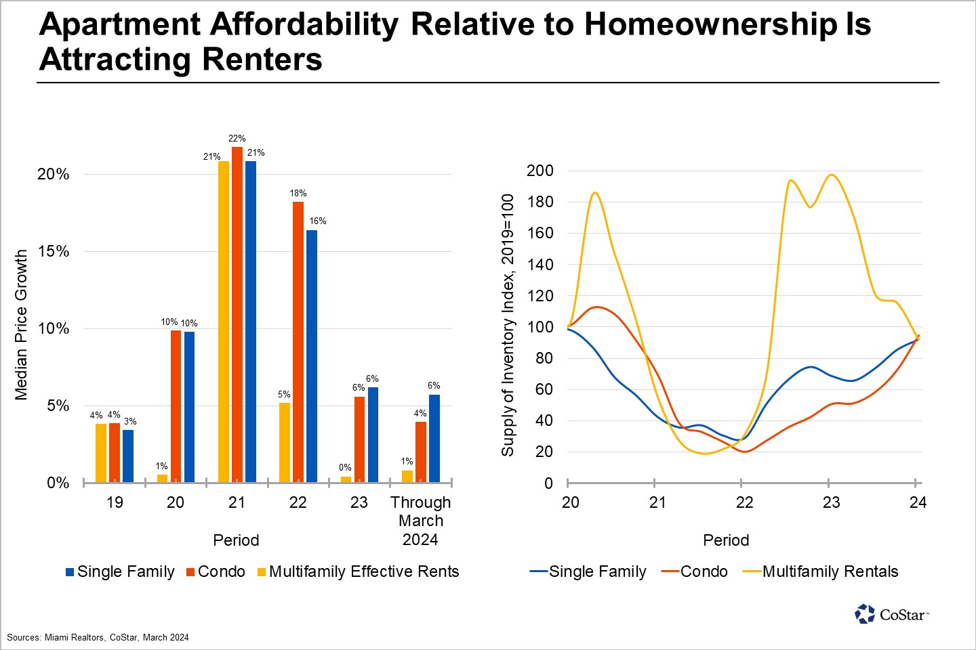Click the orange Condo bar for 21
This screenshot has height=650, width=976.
pyautogui.click(x=237, y=315)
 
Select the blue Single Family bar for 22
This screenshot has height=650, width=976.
pyautogui.click(x=312, y=356)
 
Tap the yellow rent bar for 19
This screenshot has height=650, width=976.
pyautogui.click(x=101, y=453)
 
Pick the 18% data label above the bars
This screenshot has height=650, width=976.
pyautogui.click(x=298, y=194)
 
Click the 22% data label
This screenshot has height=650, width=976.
pyautogui.click(x=237, y=139)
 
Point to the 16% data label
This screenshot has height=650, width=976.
pyautogui.click(x=318, y=221)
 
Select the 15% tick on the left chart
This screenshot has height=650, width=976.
pyautogui.click(x=54, y=252)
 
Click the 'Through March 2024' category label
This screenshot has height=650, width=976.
pyautogui.click(x=420, y=521)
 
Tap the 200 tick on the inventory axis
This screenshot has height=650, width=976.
pyautogui.click(x=540, y=171)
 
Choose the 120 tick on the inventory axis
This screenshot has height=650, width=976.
pyautogui.click(x=540, y=296)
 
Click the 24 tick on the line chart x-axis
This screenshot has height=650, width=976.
pyautogui.click(x=918, y=502)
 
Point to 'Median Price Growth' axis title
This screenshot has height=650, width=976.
pyautogui.click(x=22, y=325)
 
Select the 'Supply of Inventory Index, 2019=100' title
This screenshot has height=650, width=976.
pyautogui.click(x=508, y=325)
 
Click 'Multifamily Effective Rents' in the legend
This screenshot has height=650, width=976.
pyautogui.click(x=363, y=572)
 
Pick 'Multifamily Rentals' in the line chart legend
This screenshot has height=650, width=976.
pyautogui.click(x=830, y=572)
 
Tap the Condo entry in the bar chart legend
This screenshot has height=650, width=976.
pyautogui.click(x=221, y=572)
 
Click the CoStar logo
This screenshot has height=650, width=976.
pyautogui.click(x=891, y=614)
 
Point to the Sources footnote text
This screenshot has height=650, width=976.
pyautogui.click(x=98, y=637)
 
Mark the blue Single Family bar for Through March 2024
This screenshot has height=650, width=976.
pyautogui.click(x=434, y=439)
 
